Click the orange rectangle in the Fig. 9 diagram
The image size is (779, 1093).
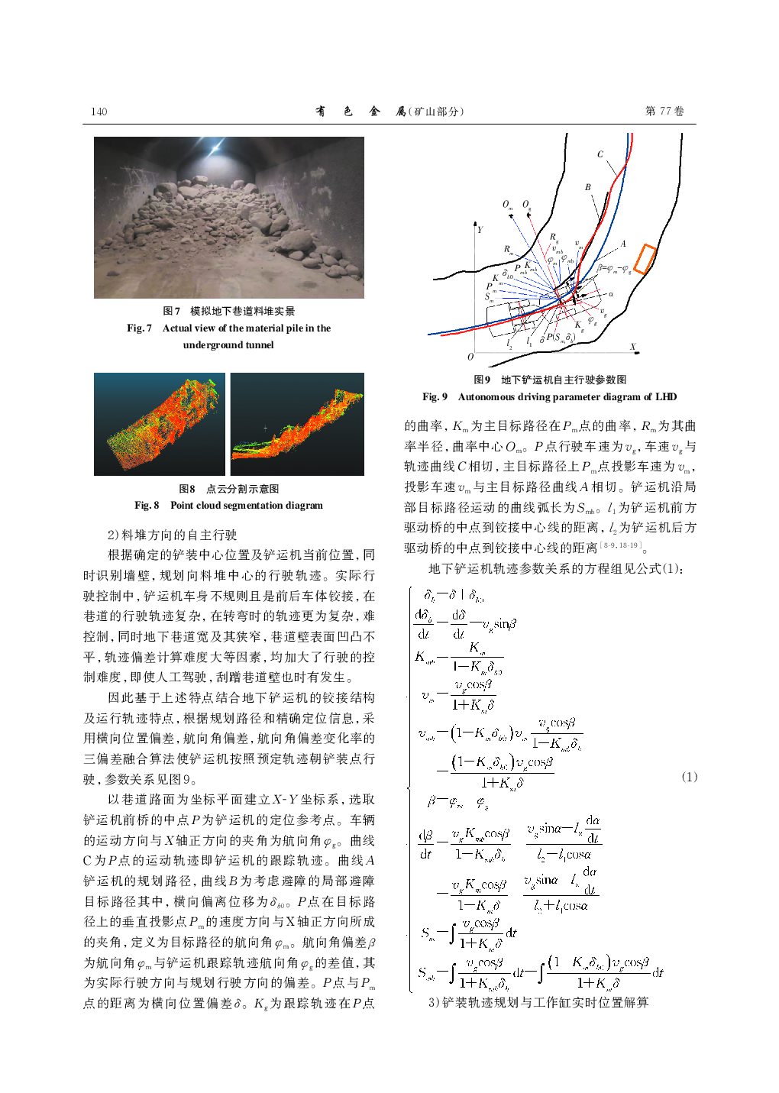(x=645, y=259)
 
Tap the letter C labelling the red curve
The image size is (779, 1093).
(x=600, y=154)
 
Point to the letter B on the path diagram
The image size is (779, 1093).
(x=587, y=187)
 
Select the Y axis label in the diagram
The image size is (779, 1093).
(x=480, y=229)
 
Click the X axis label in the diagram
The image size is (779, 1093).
(x=632, y=347)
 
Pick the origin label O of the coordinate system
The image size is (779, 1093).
(x=470, y=357)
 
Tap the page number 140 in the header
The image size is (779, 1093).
(x=99, y=112)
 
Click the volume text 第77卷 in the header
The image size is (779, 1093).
(x=664, y=112)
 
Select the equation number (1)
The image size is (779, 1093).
(x=689, y=777)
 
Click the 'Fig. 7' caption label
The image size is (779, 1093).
(x=139, y=328)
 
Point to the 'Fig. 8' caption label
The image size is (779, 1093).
(x=147, y=506)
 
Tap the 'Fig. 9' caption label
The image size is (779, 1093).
(x=435, y=397)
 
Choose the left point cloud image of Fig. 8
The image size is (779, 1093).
(x=160, y=424)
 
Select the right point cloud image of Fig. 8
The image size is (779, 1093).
(x=297, y=424)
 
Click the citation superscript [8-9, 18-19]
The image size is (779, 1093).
(x=621, y=545)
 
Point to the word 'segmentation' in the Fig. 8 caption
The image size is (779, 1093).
(x=254, y=506)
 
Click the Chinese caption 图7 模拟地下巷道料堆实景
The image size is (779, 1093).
(x=228, y=311)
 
